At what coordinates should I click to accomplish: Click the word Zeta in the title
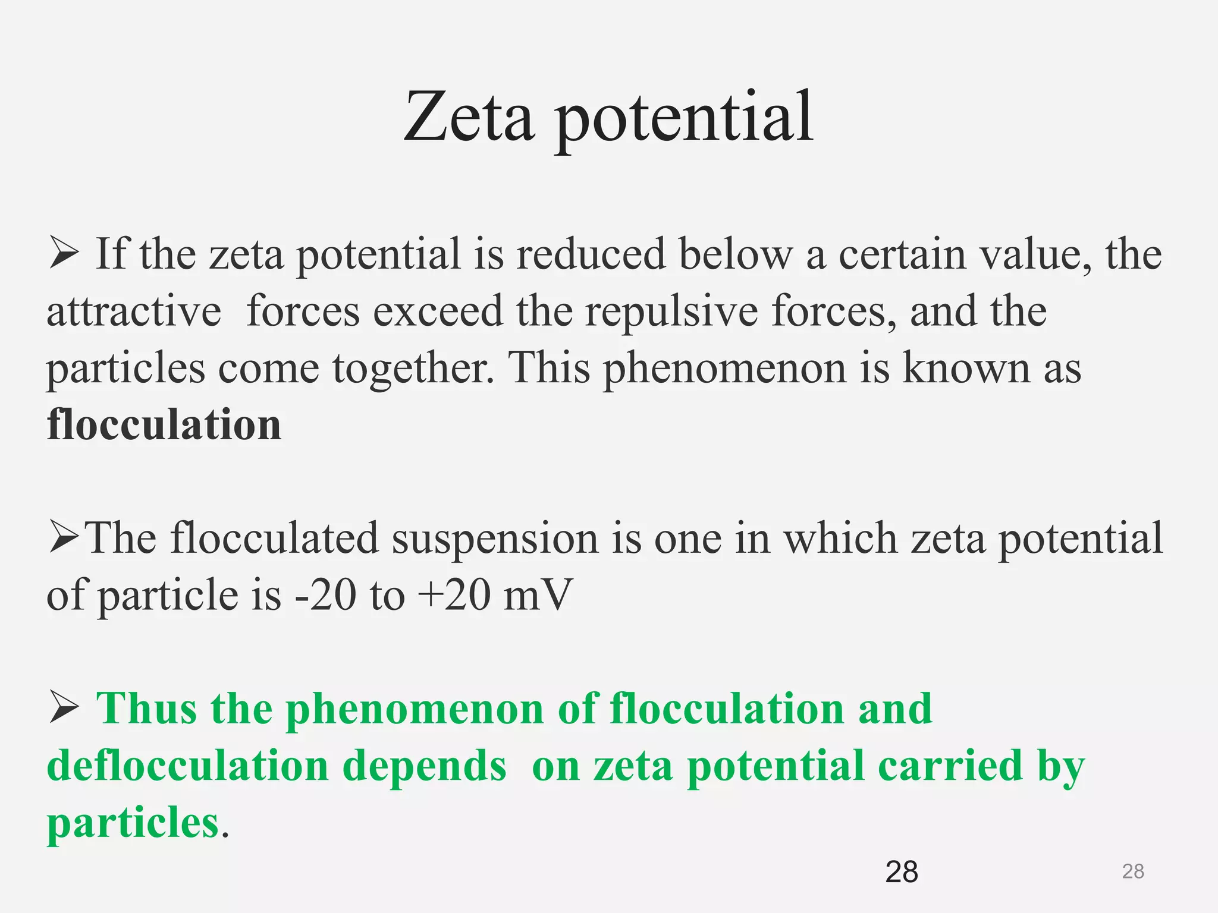click(468, 117)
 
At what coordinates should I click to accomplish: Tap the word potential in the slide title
click(684, 119)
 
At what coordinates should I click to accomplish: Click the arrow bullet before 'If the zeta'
click(64, 253)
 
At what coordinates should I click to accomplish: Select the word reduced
click(591, 254)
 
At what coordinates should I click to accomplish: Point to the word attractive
click(134, 311)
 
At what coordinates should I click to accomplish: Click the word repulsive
click(671, 311)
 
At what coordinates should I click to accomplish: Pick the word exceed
click(438, 311)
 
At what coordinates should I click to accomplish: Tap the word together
click(413, 369)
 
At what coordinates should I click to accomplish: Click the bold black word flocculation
click(164, 425)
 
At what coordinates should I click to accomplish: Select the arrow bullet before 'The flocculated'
click(64, 537)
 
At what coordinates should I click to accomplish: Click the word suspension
click(494, 539)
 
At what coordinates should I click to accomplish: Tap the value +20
click(454, 595)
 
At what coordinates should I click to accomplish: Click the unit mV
click(538, 595)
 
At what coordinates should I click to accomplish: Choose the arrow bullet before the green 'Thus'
click(64, 708)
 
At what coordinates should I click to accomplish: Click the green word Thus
click(146, 709)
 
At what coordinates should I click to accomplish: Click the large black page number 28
click(902, 872)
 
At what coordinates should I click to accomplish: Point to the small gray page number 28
click(1133, 871)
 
